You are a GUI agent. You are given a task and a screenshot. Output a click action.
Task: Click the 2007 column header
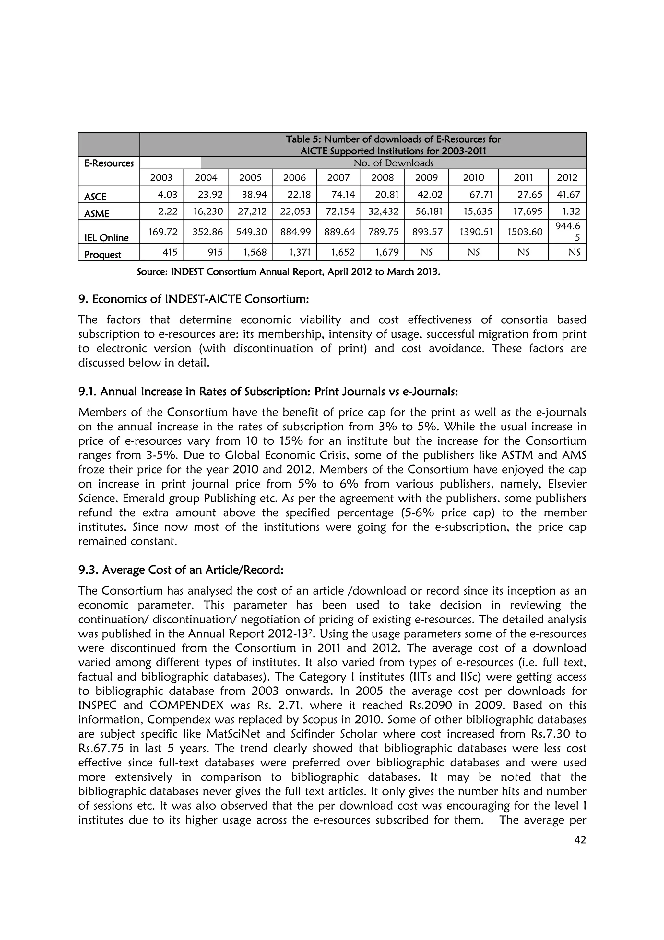click(x=338, y=177)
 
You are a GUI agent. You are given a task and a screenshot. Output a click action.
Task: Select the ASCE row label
click(x=95, y=197)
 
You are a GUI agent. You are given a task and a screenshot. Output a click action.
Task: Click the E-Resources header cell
click(x=109, y=163)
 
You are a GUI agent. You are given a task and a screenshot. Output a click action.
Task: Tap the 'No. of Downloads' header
click(x=393, y=163)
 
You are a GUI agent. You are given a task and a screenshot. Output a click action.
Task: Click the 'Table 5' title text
click(x=393, y=139)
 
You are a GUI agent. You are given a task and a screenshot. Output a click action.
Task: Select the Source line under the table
click(x=289, y=272)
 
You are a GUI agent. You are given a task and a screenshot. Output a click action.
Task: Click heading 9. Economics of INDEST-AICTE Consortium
click(x=193, y=299)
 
